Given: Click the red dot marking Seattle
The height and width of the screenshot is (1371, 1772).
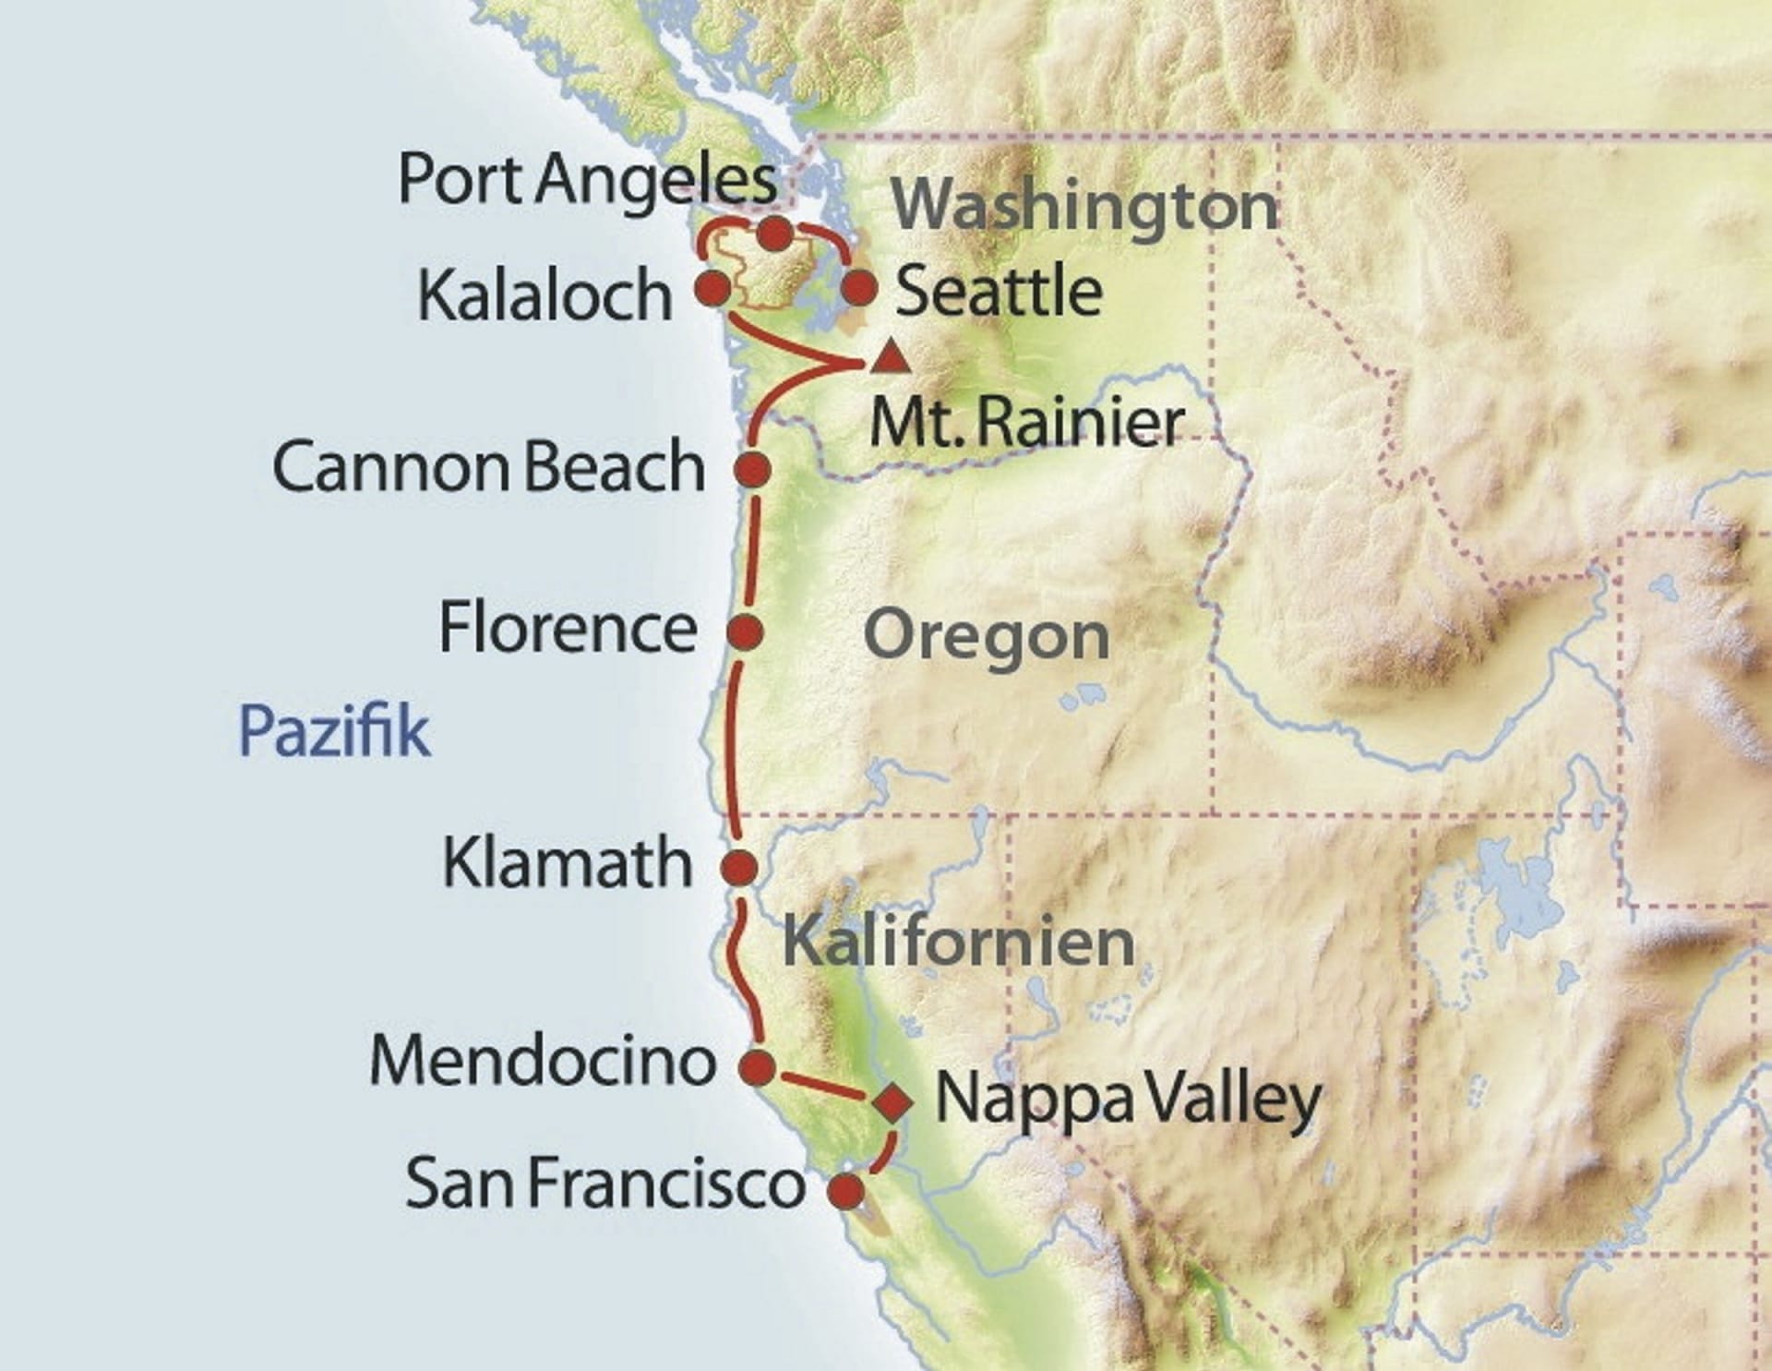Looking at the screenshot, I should pyautogui.click(x=859, y=288).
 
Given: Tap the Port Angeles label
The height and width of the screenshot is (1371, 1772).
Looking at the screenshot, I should pyautogui.click(x=587, y=180).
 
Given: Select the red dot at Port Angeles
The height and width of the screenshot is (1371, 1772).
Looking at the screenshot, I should pyautogui.click(x=774, y=234).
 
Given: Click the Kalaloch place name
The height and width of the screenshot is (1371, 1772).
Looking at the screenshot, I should pyautogui.click(x=545, y=295).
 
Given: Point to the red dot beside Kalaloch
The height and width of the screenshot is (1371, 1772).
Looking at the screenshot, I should pyautogui.click(x=712, y=289).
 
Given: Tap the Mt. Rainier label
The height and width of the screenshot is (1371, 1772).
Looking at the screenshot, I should pyautogui.click(x=1027, y=423).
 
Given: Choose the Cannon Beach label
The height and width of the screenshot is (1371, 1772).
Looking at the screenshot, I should pyautogui.click(x=488, y=467).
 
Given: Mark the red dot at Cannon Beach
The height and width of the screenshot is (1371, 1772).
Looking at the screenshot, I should pyautogui.click(x=752, y=469).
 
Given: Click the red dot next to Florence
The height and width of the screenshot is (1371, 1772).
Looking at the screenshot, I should pyautogui.click(x=745, y=632).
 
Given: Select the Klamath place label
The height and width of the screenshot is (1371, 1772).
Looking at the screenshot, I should pyautogui.click(x=567, y=863).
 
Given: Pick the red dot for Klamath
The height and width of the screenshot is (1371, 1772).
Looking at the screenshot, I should pyautogui.click(x=738, y=868).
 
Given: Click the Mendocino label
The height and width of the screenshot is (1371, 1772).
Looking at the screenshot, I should pyautogui.click(x=543, y=1062).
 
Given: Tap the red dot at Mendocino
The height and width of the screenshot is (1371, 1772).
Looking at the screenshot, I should pyautogui.click(x=757, y=1067).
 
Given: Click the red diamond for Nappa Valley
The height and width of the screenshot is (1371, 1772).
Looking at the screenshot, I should pyautogui.click(x=892, y=1102).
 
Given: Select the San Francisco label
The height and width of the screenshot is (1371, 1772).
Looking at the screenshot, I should pyautogui.click(x=605, y=1185).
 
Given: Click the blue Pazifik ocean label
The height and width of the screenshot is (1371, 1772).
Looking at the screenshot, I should pyautogui.click(x=334, y=731).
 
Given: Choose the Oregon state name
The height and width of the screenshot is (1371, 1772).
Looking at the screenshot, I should pyautogui.click(x=986, y=637).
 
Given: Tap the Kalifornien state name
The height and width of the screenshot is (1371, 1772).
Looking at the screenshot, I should pyautogui.click(x=958, y=943).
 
